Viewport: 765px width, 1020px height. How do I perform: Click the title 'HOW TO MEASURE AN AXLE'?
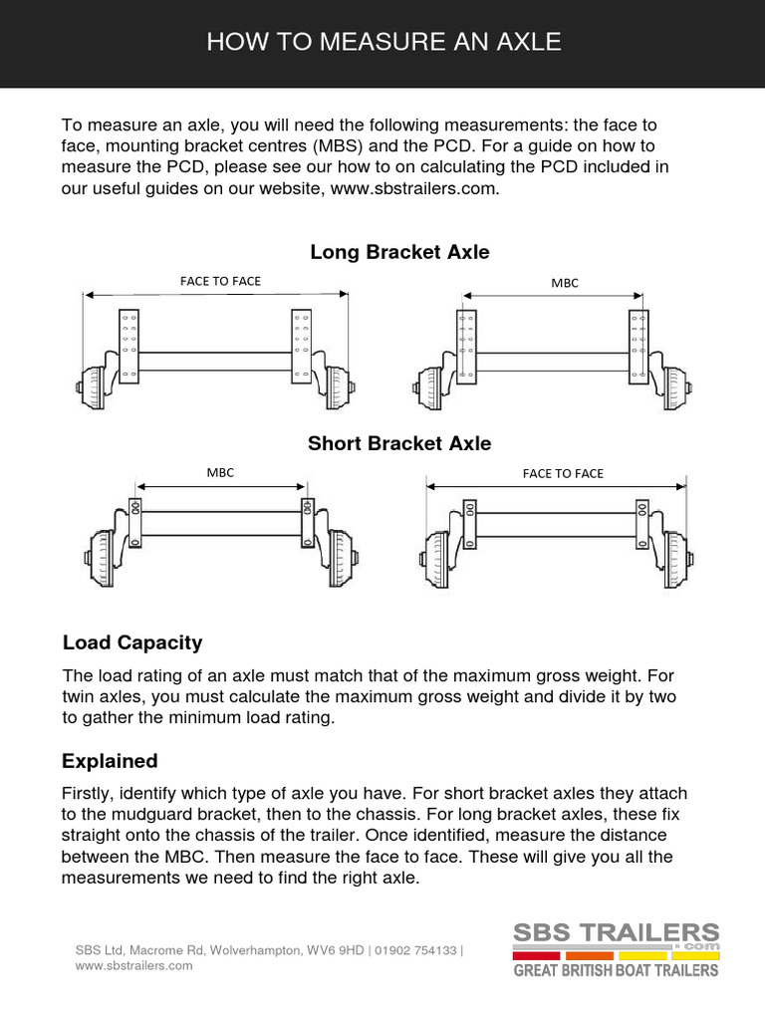382,42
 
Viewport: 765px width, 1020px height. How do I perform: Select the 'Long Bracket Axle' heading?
399,252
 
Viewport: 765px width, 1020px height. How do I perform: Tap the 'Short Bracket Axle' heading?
399,443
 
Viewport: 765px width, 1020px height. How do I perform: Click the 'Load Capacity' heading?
131,642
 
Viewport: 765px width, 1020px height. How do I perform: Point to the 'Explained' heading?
110,761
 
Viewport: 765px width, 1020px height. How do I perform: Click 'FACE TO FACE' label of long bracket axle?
220,281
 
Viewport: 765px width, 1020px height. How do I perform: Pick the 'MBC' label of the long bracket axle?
565,283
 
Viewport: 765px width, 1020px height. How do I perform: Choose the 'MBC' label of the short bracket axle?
220,472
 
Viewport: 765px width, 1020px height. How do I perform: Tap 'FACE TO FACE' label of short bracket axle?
563,473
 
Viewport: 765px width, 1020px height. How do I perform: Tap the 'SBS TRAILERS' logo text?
616,934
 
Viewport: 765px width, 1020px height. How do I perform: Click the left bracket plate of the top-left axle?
128,344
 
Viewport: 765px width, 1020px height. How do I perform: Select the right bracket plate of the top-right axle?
638,344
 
